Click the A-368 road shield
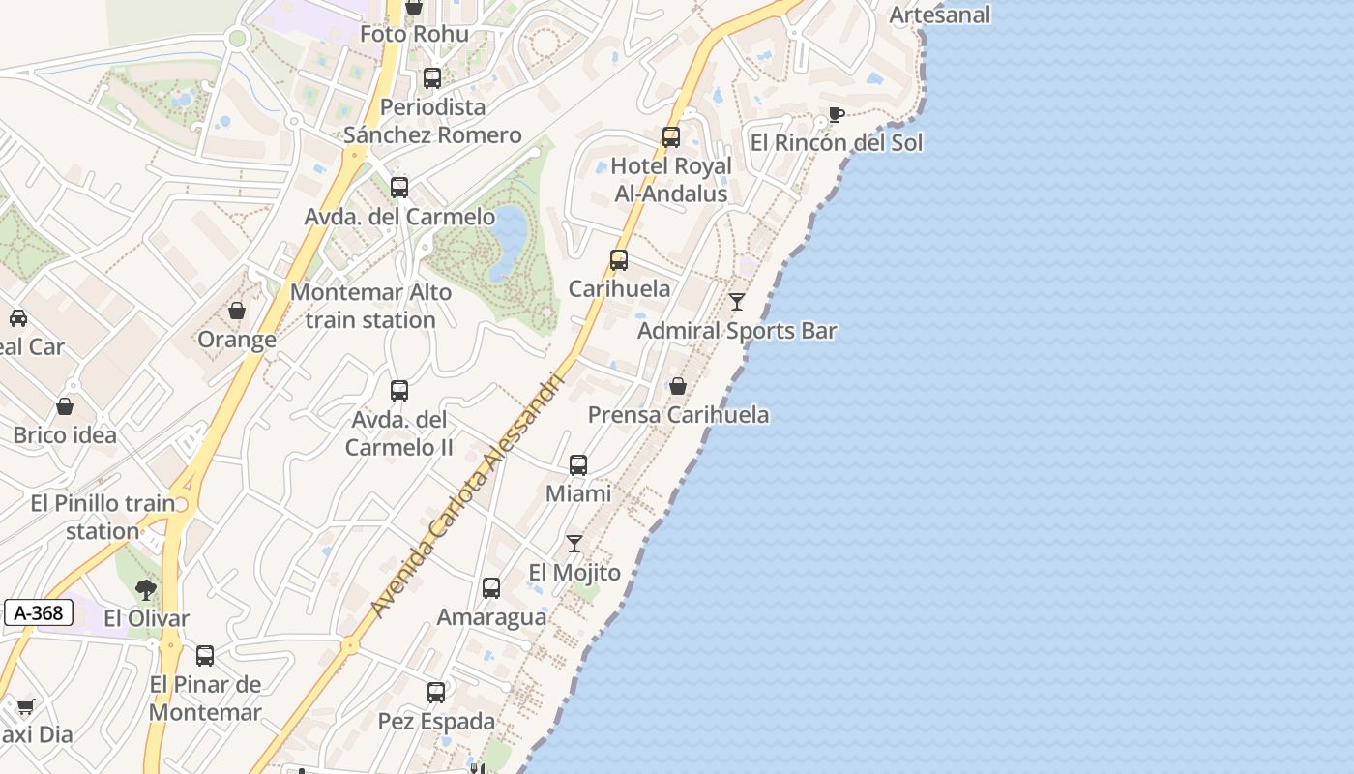(39, 612)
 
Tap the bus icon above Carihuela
(619, 260)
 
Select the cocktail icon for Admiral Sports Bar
(737, 302)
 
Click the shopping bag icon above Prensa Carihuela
(678, 386)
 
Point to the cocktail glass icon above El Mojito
(574, 544)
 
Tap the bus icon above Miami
(578, 465)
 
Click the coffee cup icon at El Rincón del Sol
(837, 115)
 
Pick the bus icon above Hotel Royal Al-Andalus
(671, 137)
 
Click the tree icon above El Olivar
(146, 589)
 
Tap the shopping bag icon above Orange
(237, 311)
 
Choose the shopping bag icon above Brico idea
(65, 406)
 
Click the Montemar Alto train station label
(370, 306)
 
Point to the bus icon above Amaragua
(491, 588)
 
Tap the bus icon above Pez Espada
(436, 693)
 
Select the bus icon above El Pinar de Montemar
(205, 656)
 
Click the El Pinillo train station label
(103, 517)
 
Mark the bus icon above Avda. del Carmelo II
(399, 391)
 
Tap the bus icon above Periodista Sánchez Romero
(432, 78)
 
